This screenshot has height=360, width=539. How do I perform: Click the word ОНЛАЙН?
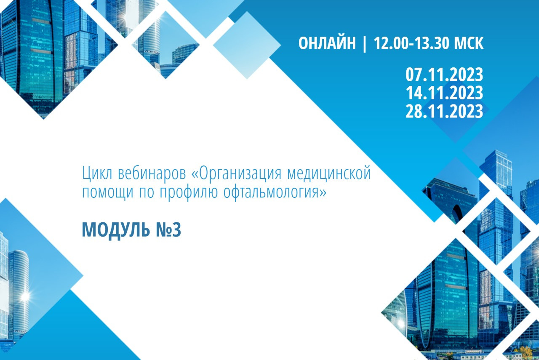[327, 43]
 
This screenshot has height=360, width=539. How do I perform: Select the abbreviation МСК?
[469, 43]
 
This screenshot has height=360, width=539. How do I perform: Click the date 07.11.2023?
[444, 75]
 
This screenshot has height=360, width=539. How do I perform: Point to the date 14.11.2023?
[444, 93]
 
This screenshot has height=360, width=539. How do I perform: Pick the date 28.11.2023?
[444, 111]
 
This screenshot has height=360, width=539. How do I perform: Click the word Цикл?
[97, 173]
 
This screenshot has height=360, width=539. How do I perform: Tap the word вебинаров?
[152, 173]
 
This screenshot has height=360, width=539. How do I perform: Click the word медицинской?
[329, 173]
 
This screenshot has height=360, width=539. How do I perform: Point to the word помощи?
[107, 192]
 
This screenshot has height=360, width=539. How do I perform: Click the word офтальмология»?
[275, 192]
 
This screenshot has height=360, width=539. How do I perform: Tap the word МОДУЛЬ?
[116, 230]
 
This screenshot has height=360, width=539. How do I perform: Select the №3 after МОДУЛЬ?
[168, 230]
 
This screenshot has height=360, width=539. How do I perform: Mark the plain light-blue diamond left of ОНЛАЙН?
[247, 45]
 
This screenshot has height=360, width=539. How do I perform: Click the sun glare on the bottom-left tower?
[25, 297]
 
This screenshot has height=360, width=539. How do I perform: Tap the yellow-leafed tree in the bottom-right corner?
[526, 353]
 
